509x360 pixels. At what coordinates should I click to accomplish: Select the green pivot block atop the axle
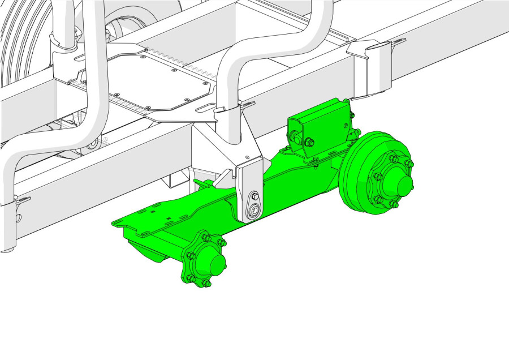(318, 127)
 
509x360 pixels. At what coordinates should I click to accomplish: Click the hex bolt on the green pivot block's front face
(310, 143)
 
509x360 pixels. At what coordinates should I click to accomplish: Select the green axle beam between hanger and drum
(300, 181)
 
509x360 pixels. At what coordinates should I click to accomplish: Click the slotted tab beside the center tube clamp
(247, 104)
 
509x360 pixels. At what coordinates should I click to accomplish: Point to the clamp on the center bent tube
(229, 110)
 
